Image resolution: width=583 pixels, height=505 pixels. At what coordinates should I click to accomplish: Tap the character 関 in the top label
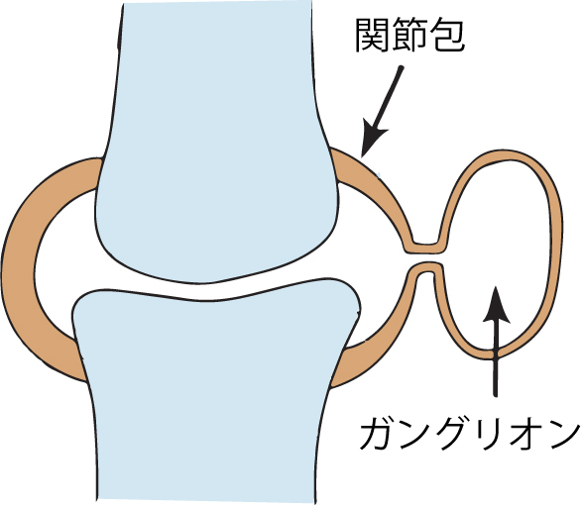373,36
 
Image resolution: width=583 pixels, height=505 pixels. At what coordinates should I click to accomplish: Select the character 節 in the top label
410,36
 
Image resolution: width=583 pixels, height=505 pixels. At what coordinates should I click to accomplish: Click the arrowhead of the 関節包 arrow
373,139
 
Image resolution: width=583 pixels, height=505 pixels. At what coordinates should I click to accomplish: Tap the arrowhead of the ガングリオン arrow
496,304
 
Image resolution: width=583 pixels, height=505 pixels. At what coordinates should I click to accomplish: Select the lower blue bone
212,390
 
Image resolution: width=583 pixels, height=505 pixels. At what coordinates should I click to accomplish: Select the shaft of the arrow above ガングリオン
495,356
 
